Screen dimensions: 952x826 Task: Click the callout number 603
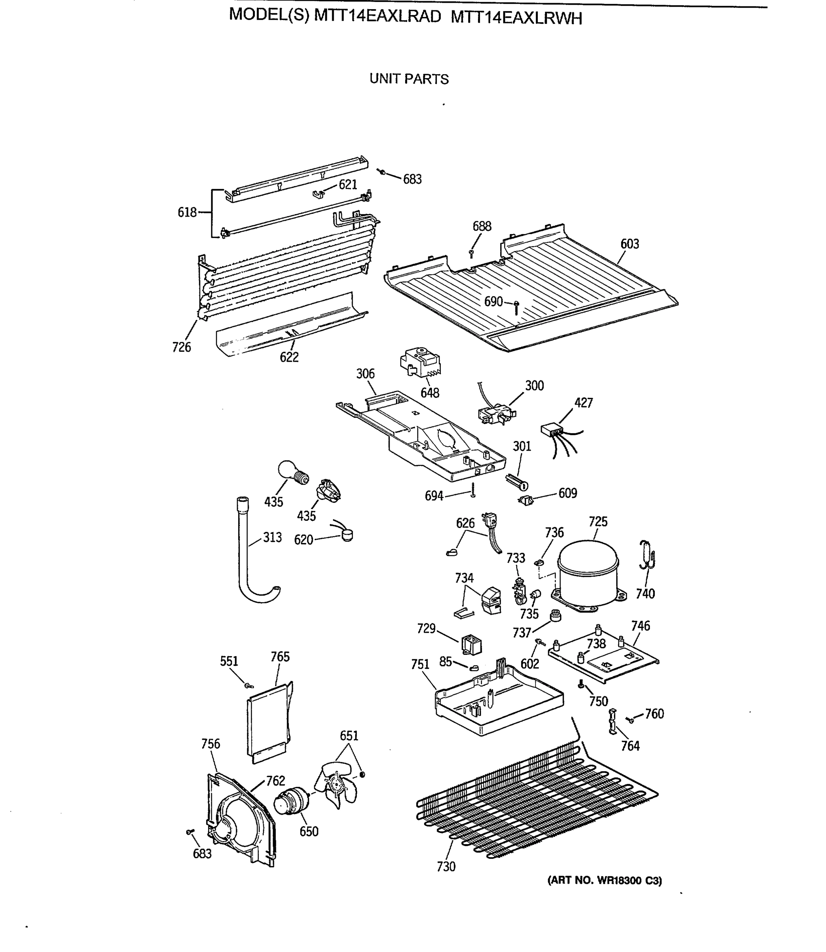pyautogui.click(x=630, y=244)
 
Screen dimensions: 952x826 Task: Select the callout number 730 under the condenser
pyautogui.click(x=446, y=867)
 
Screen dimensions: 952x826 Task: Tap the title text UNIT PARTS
pyautogui.click(x=409, y=79)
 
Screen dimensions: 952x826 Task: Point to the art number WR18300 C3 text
pyautogui.click(x=604, y=881)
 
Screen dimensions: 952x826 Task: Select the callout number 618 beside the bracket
pyautogui.click(x=187, y=213)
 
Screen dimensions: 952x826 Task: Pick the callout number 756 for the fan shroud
pyautogui.click(x=210, y=744)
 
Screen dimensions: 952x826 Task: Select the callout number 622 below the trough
pyautogui.click(x=289, y=357)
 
